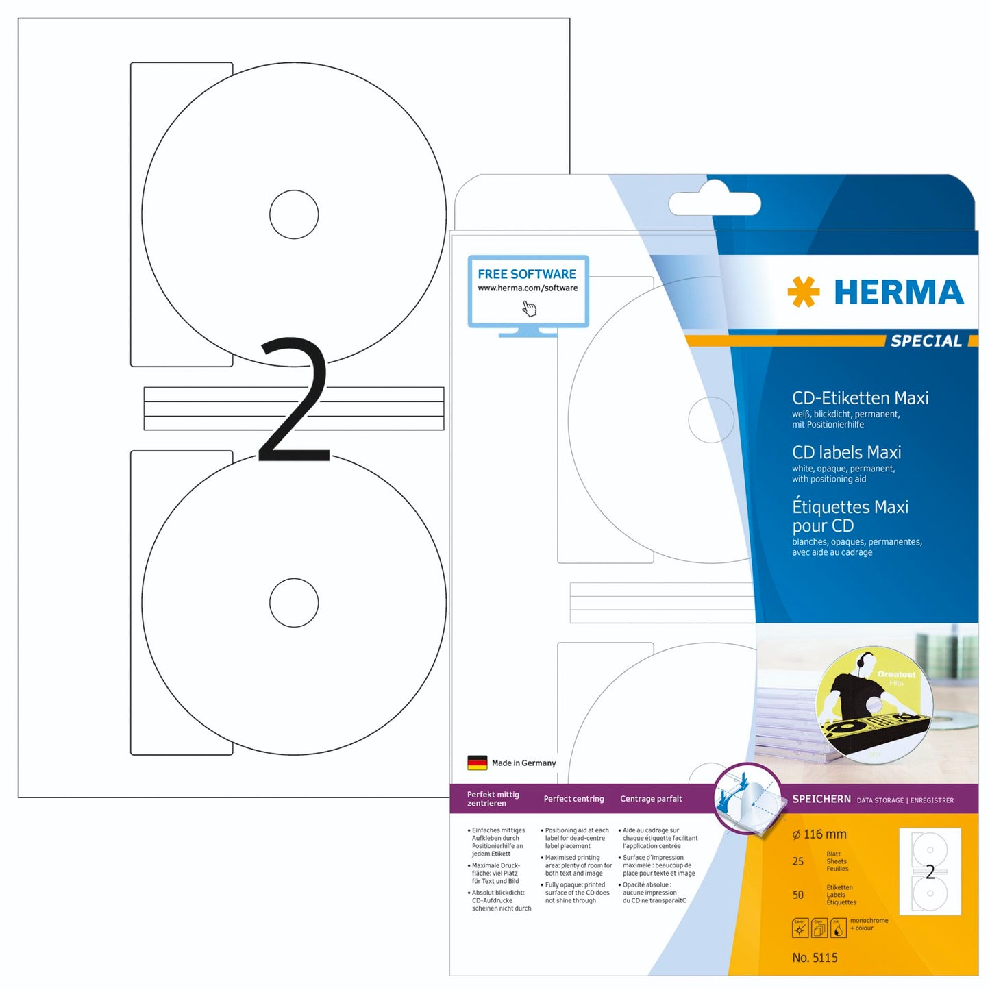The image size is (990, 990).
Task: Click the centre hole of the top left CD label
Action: click(x=294, y=214)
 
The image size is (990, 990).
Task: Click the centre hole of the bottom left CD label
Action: click(x=294, y=603)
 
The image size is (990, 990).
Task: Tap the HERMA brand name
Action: click(x=898, y=293)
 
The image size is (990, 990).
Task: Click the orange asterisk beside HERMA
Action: click(x=803, y=292)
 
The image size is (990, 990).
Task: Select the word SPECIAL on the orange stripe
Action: click(x=926, y=341)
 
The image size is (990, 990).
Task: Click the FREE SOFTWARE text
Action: click(x=527, y=274)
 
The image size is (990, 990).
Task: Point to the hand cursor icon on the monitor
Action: click(x=530, y=309)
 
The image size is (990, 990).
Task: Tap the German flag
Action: click(x=477, y=763)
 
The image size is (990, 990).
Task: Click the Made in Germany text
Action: click(x=523, y=763)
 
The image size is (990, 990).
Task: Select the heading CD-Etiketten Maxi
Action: click(x=860, y=398)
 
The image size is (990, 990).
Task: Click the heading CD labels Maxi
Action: click(x=846, y=453)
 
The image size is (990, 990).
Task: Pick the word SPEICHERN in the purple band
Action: click(x=821, y=799)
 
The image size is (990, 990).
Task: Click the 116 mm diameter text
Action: click(x=819, y=834)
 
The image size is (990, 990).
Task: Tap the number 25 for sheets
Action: click(x=798, y=862)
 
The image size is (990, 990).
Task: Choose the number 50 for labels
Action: click(x=798, y=895)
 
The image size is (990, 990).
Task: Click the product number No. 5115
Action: click(x=815, y=958)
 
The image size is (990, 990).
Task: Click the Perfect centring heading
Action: click(x=573, y=799)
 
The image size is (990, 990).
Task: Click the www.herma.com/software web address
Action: click(x=528, y=288)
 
